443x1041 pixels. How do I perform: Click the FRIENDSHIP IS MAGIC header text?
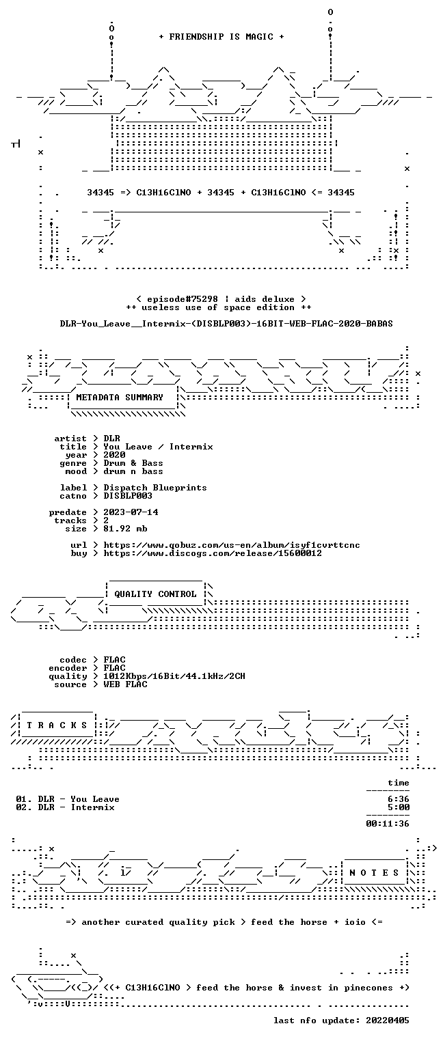click(x=221, y=37)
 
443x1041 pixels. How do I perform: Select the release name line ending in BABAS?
click(x=226, y=324)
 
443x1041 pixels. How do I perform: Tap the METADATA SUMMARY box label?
click(x=120, y=398)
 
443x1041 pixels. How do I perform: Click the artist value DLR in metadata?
click(x=111, y=439)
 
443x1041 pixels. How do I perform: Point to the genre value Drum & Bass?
click(x=133, y=463)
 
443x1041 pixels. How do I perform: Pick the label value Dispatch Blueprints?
click(x=155, y=488)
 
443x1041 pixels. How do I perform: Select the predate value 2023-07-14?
click(x=131, y=512)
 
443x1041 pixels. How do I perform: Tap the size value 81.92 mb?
click(x=125, y=529)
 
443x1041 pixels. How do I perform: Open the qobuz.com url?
click(x=232, y=545)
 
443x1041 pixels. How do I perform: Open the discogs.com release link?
click(x=213, y=553)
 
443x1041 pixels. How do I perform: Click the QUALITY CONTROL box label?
click(x=155, y=594)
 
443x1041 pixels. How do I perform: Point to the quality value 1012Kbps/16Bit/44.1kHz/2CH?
click(x=174, y=676)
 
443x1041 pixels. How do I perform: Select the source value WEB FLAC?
click(x=125, y=684)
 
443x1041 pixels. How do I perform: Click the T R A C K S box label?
click(x=57, y=725)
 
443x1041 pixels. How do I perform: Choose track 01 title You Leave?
click(x=95, y=799)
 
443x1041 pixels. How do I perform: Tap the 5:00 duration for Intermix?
click(x=399, y=807)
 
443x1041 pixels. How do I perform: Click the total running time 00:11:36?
click(x=388, y=824)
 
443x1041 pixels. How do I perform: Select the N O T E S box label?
click(x=374, y=873)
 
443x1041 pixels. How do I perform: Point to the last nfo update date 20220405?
click(x=388, y=1021)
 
